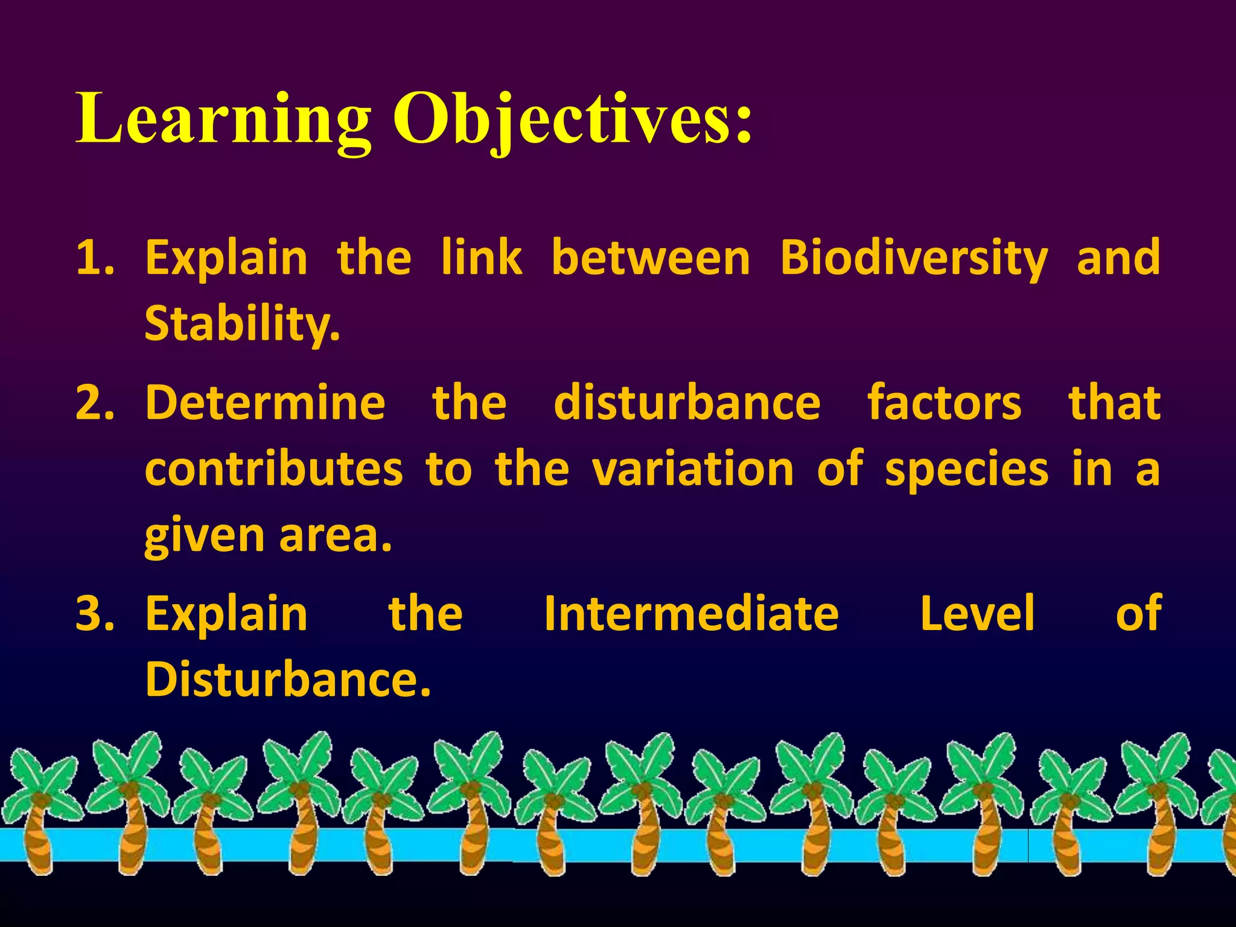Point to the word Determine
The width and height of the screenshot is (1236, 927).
pyautogui.click(x=266, y=403)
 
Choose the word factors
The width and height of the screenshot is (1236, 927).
pyautogui.click(x=945, y=403)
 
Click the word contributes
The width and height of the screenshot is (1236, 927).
pyautogui.click(x=273, y=470)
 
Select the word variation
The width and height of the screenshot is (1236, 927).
pyautogui.click(x=693, y=470)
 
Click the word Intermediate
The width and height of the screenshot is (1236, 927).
pyautogui.click(x=692, y=614)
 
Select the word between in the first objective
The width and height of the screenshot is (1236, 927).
pyautogui.click(x=651, y=258)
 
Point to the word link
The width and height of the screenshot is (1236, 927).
pyautogui.click(x=481, y=258)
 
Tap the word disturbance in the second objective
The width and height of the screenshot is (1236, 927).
pyautogui.click(x=687, y=403)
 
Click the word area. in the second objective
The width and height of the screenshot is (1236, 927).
pyautogui.click(x=336, y=536)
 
